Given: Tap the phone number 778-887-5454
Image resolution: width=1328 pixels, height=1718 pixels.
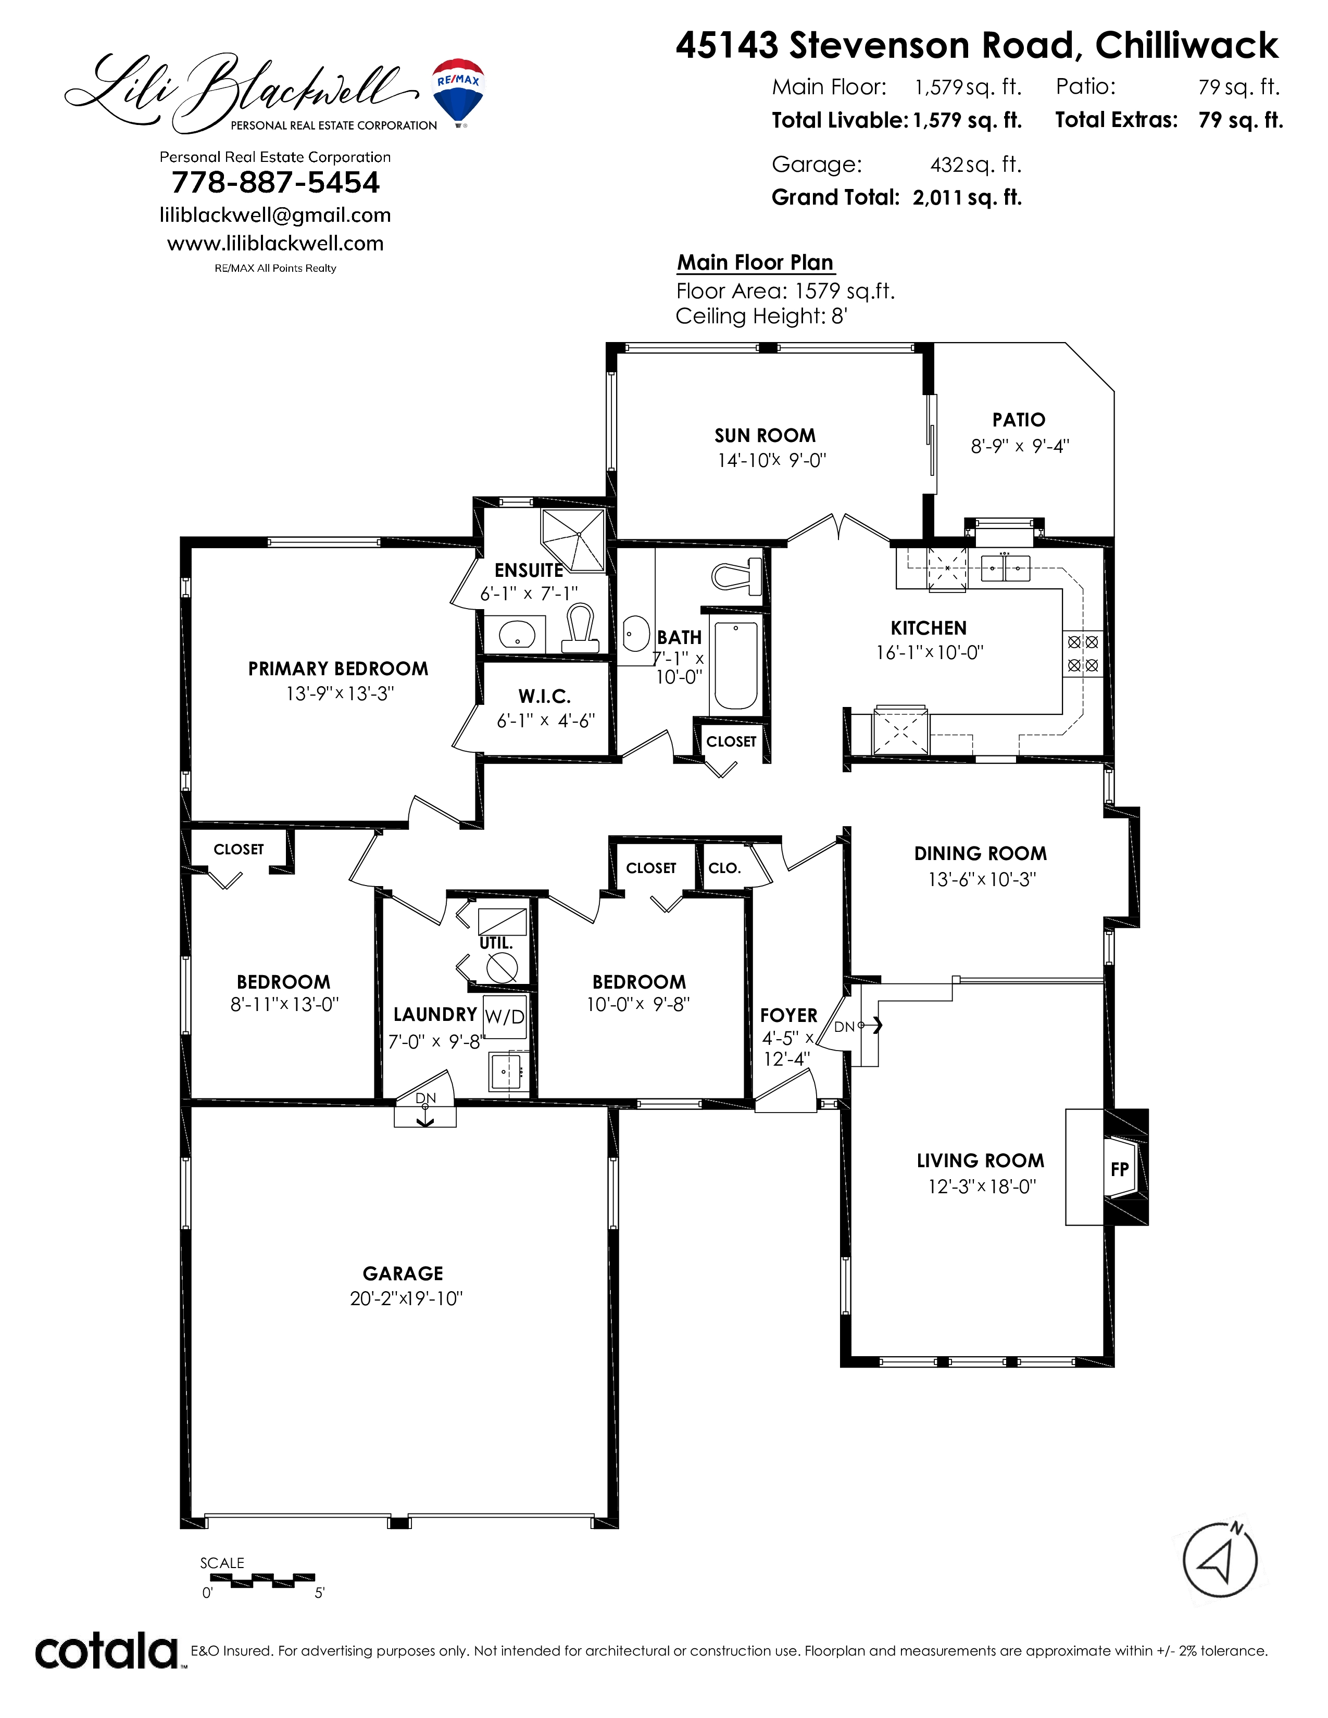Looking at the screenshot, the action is coord(275,183).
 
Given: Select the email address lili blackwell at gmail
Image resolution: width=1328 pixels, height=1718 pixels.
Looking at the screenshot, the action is coord(275,214).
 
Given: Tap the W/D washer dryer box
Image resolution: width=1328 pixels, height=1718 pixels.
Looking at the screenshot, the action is coord(504,1016).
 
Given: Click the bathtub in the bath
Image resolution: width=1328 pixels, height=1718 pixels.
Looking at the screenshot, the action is coord(735,665).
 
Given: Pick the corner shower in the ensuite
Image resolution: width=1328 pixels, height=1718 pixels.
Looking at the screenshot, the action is coord(575,539).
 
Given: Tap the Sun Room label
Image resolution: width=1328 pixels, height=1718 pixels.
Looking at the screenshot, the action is coord(765,436).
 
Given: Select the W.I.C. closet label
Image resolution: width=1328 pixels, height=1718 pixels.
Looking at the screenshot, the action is coord(544,696).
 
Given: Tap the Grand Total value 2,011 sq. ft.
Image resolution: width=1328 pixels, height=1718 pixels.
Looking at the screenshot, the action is coord(967,197).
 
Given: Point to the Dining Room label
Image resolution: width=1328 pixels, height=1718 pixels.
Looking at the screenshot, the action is coord(980,853).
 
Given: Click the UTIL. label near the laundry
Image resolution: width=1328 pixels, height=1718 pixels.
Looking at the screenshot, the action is coord(496,942).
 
